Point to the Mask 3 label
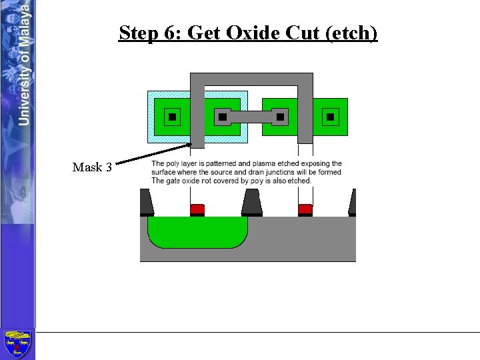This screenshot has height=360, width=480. point(92,167)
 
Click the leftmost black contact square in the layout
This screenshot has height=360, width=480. point(172,117)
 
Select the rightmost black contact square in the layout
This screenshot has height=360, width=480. point(330,117)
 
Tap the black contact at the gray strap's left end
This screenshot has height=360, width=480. point(223,117)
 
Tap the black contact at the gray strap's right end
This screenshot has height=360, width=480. point(280,117)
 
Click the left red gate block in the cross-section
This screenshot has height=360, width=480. point(197,209)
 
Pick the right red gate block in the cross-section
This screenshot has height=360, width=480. point(305,209)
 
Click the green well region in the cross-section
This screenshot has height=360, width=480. point(197,231)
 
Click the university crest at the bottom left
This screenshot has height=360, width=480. point(17,344)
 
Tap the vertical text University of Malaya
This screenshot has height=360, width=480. point(24,63)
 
